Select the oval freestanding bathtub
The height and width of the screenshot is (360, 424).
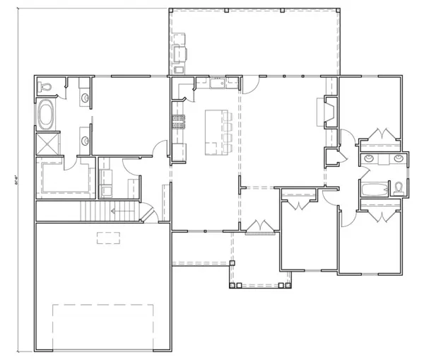coord(47,115)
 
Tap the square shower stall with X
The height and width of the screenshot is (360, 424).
coord(47,145)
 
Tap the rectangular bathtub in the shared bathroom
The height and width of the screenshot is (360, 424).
coord(374,190)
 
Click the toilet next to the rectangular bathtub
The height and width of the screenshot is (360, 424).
coord(399,187)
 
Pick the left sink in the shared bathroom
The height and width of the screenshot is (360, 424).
coord(369,157)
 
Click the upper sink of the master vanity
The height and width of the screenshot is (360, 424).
coord(85,98)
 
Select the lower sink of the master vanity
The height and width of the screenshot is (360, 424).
coord(85,139)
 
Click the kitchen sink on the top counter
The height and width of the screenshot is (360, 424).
coord(216,85)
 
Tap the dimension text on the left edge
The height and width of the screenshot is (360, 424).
coord(16,182)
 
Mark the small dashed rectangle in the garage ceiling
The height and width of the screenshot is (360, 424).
coord(107,238)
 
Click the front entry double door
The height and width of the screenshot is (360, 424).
coord(259,226)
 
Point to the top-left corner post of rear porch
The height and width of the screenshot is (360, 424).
coord(170,11)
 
